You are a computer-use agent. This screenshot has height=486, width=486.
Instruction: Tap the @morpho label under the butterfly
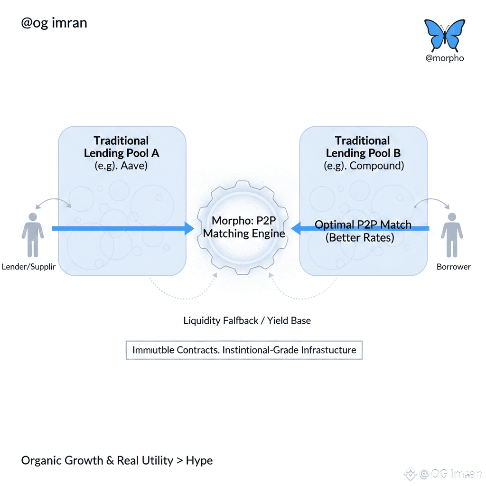pyautogui.click(x=445, y=58)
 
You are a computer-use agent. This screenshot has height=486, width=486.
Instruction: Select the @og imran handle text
pyautogui.click(x=54, y=23)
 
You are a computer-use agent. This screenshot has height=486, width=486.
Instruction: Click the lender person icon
pyautogui.click(x=32, y=234)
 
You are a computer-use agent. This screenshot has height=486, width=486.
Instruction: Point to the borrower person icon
pyautogui.click(x=451, y=234)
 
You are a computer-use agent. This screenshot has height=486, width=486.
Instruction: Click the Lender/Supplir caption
pyautogui.click(x=28, y=267)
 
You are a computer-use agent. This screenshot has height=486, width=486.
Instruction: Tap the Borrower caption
pyautogui.click(x=453, y=267)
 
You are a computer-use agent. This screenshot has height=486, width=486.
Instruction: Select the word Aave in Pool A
pyautogui.click(x=135, y=166)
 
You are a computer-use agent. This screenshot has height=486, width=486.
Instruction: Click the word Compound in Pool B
pyautogui.click(x=377, y=166)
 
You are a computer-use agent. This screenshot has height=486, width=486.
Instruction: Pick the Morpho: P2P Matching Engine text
pyautogui.click(x=244, y=227)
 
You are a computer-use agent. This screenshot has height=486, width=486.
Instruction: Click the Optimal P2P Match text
pyautogui.click(x=363, y=224)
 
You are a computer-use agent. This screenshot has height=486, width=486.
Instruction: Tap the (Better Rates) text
pyautogui.click(x=360, y=237)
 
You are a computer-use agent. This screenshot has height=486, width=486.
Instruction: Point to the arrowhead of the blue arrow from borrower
pyautogui.click(x=296, y=229)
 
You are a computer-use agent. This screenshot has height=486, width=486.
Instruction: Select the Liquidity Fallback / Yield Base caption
pyautogui.click(x=247, y=320)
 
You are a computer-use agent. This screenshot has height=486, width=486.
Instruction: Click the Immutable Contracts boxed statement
pyautogui.click(x=244, y=350)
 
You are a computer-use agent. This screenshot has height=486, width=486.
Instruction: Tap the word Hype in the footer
pyautogui.click(x=199, y=460)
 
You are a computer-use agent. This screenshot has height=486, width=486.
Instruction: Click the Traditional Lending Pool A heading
pyautogui.click(x=121, y=147)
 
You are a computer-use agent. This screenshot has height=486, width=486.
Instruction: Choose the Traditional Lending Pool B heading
pyautogui.click(x=363, y=147)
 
